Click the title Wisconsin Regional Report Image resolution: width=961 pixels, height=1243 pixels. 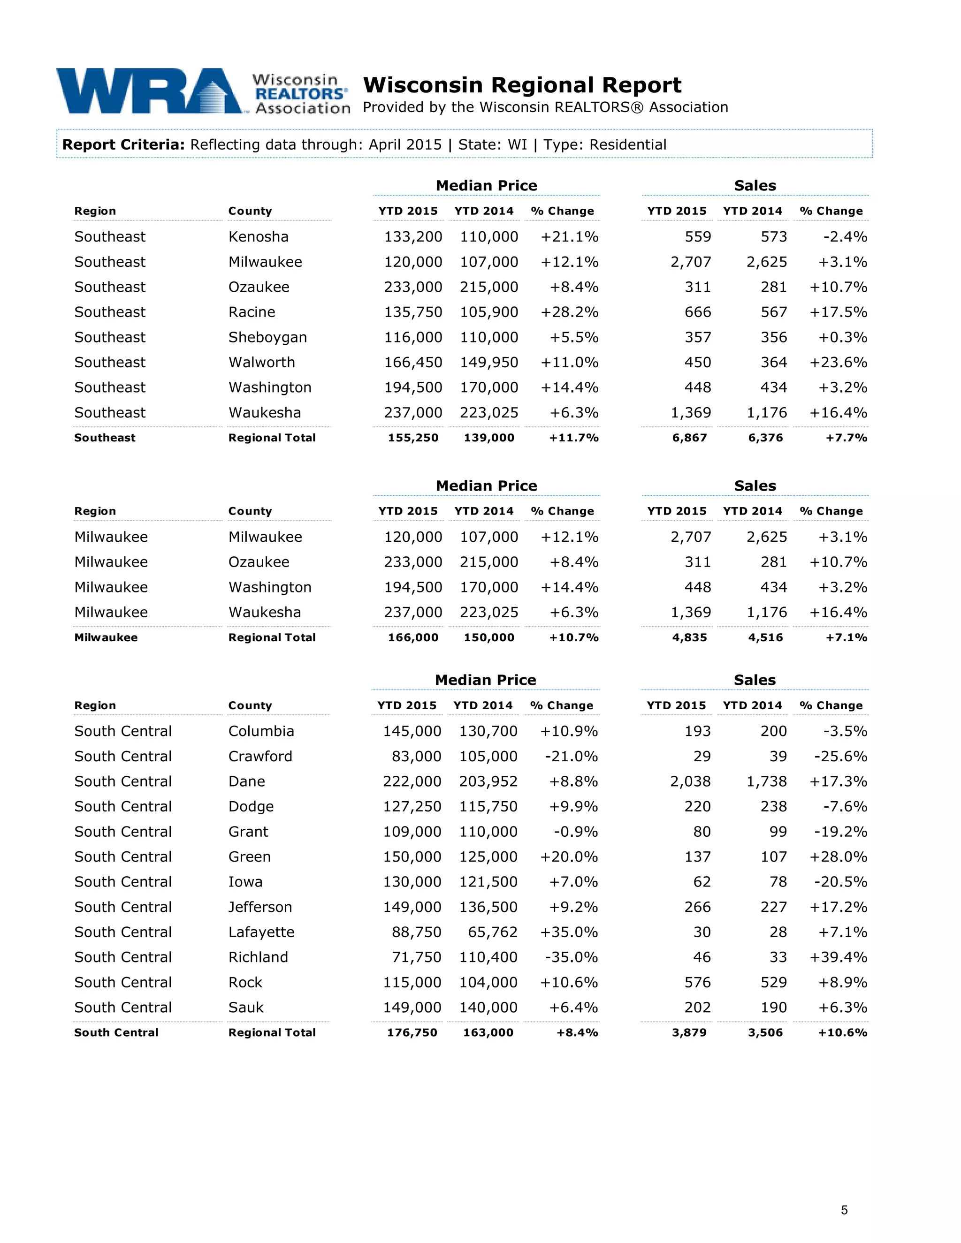tap(522, 85)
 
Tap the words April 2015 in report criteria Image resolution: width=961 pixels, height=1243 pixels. tap(405, 144)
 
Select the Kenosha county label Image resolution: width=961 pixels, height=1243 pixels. tap(258, 237)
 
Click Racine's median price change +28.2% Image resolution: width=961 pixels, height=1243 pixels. tap(569, 312)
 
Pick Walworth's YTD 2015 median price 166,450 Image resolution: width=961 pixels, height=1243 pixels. tap(413, 362)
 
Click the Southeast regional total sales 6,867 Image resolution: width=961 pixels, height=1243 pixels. tap(689, 438)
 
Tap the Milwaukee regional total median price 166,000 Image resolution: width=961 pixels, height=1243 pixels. tap(413, 637)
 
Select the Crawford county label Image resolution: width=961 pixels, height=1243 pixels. tap(260, 757)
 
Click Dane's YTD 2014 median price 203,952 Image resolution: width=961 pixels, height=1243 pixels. tap(488, 781)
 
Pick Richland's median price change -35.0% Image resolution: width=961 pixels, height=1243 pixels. tap(571, 957)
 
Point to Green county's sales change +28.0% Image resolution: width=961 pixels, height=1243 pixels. tap(838, 856)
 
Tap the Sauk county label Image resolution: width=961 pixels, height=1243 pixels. tap(246, 1008)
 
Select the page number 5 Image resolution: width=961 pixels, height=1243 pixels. tap(844, 1210)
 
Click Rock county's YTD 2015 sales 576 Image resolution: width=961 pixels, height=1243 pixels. tap(697, 982)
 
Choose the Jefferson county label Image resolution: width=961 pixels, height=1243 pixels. tap(259, 907)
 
